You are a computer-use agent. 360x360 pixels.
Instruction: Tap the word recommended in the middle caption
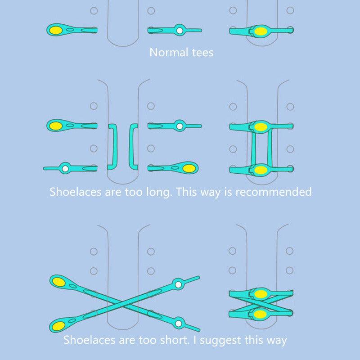pos(274,192)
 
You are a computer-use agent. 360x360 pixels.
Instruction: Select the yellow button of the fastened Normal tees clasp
pos(260,31)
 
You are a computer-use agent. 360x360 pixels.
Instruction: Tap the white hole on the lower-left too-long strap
pos(66,169)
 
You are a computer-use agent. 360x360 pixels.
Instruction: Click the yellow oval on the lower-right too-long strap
pos(189,169)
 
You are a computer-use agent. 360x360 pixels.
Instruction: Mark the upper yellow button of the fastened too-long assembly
pos(260,127)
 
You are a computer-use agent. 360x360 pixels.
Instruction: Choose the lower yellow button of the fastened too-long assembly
pos(260,170)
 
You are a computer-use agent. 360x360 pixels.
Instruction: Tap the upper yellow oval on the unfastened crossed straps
pos(58,282)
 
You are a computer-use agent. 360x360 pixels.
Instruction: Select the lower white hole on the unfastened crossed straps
pos(179,323)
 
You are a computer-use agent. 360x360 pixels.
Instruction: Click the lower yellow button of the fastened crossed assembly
pos(260,314)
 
